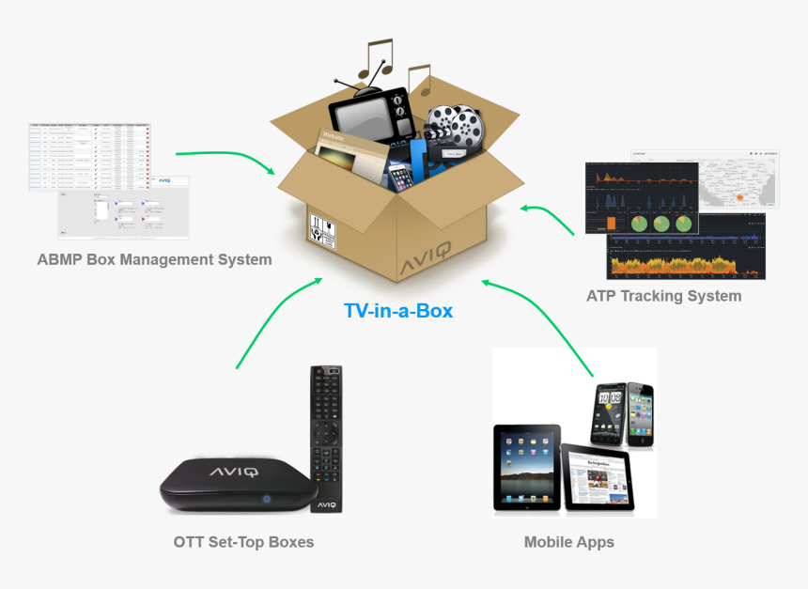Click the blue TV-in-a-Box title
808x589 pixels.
tap(398, 309)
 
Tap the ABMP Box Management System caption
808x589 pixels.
tap(154, 259)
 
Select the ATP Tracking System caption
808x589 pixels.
tap(663, 296)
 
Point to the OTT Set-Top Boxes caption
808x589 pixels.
tap(243, 542)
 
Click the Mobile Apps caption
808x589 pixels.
tap(569, 542)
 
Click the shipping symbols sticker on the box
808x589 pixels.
tap(322, 231)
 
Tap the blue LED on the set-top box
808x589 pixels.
tap(266, 499)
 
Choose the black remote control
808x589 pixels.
tap(326, 436)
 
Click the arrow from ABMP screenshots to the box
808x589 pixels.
tap(225, 157)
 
